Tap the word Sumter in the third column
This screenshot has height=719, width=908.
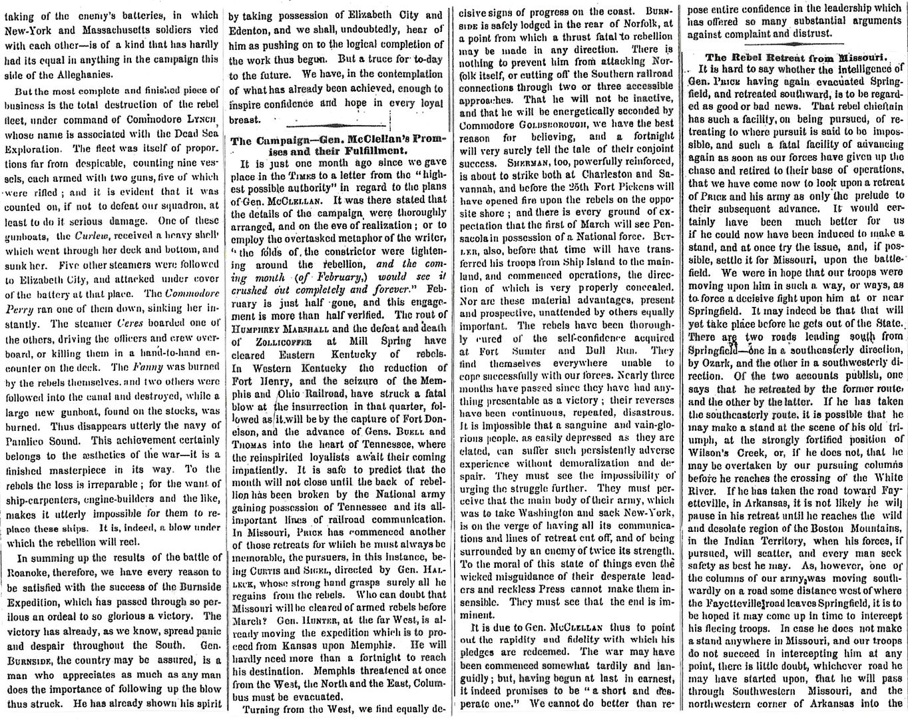[523, 351]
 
